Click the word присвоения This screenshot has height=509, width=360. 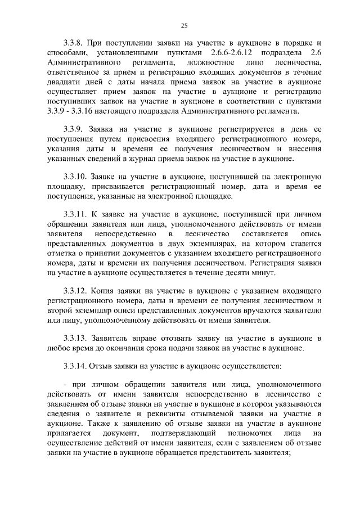141,139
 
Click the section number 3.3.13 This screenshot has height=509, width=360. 76,337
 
